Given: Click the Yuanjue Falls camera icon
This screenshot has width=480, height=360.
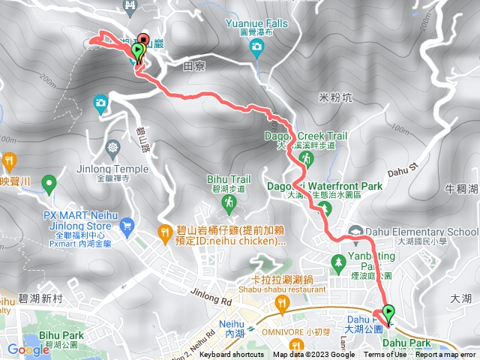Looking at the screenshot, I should click(257, 48).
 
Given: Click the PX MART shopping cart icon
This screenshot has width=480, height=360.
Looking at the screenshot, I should click(127, 223).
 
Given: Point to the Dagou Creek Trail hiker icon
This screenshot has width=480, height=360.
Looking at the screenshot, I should click(306, 159).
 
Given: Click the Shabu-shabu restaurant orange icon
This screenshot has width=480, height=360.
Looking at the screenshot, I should click(282, 303).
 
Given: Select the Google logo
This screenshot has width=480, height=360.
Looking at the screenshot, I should click(28, 349).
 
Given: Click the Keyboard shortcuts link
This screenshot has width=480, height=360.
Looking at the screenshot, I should click(232, 355).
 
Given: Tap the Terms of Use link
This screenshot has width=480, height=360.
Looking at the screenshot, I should click(385, 355).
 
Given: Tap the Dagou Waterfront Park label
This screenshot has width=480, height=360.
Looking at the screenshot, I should click(325, 186).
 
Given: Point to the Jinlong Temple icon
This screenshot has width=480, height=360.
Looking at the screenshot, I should click(113, 146).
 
